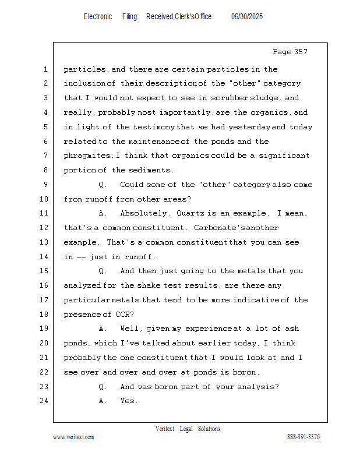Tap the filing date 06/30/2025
tap(247, 17)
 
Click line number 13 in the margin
tap(44, 242)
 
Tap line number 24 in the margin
tap(44, 401)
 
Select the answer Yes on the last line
tap(128, 401)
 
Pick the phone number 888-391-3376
tap(303, 437)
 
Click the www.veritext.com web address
tap(73, 437)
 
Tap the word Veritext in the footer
tap(165, 429)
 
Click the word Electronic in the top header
tap(98, 17)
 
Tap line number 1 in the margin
tap(45, 69)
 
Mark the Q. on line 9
tap(103, 185)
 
